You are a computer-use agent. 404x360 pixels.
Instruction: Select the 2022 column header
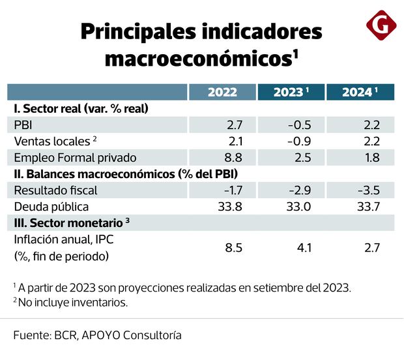pyautogui.click(x=222, y=92)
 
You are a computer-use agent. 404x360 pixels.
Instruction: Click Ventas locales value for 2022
pyautogui.click(x=235, y=141)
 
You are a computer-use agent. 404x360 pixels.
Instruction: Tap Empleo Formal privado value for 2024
pyautogui.click(x=371, y=157)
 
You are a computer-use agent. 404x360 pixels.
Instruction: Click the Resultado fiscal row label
pyautogui.click(x=55, y=190)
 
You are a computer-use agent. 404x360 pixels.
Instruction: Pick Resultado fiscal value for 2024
pyautogui.click(x=369, y=190)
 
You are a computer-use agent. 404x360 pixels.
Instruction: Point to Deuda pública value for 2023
pyautogui.click(x=298, y=207)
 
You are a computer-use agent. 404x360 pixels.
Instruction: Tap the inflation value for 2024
pyautogui.click(x=371, y=248)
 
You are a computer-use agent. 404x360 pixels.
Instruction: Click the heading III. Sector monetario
pyautogui.click(x=68, y=223)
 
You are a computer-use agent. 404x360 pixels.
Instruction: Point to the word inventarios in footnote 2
pyautogui.click(x=100, y=302)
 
